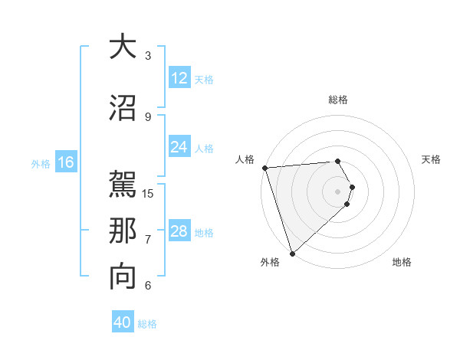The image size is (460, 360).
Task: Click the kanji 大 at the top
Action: tap(123, 47)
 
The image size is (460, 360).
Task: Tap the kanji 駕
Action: tap(123, 185)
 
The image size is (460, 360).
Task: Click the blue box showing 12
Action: tap(179, 78)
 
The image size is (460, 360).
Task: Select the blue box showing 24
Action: tap(179, 148)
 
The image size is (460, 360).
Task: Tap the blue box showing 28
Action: tap(179, 232)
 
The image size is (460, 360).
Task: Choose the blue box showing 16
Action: tap(65, 162)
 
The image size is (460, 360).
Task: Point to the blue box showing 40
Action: tap(123, 323)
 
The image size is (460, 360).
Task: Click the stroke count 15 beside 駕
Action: tap(149, 193)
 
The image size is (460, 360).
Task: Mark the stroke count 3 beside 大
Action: tap(148, 55)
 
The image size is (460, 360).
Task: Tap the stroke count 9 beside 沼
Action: tap(148, 116)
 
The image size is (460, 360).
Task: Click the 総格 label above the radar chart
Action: tap(338, 100)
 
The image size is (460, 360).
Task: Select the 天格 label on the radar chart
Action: tap(432, 159)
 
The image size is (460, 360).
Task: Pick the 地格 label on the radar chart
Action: tap(402, 263)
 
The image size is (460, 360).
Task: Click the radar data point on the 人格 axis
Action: tap(264, 168)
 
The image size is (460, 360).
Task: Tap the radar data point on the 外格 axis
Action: tap(292, 253)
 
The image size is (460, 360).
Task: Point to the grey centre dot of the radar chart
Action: tap(338, 191)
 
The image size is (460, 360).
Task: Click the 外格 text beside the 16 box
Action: tap(41, 163)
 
